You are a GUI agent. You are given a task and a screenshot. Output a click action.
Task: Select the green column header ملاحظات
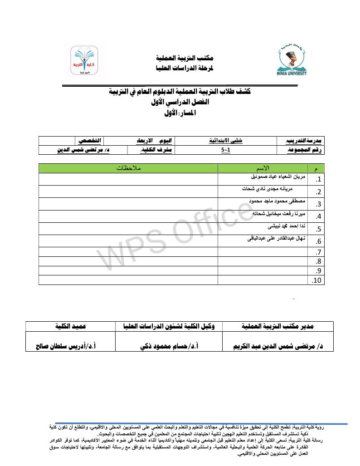coord(129,168)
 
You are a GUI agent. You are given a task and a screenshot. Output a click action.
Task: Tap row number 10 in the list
coord(317,281)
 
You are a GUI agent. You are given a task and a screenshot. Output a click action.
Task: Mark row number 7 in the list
coord(319,252)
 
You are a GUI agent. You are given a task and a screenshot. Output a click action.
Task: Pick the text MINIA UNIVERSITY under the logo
coord(291,72)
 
